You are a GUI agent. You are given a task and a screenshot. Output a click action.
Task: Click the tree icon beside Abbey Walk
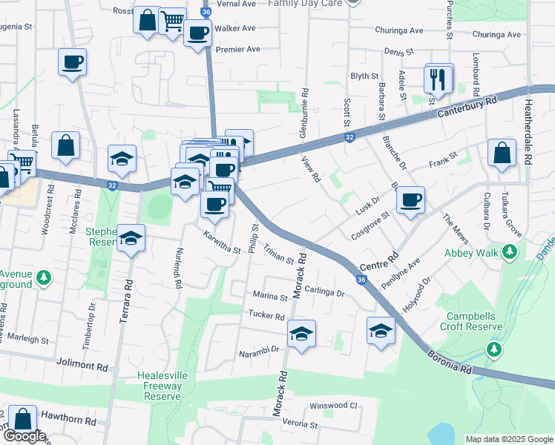(x=510, y=253)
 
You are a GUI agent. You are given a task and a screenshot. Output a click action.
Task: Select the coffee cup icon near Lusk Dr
(x=410, y=200)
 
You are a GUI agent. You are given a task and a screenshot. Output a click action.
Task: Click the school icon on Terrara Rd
(x=131, y=239)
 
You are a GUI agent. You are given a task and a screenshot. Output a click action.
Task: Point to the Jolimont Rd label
(x=82, y=365)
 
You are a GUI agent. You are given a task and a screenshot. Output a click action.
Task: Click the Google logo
(x=24, y=436)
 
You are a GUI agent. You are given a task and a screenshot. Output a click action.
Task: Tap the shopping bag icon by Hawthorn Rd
(x=23, y=421)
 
